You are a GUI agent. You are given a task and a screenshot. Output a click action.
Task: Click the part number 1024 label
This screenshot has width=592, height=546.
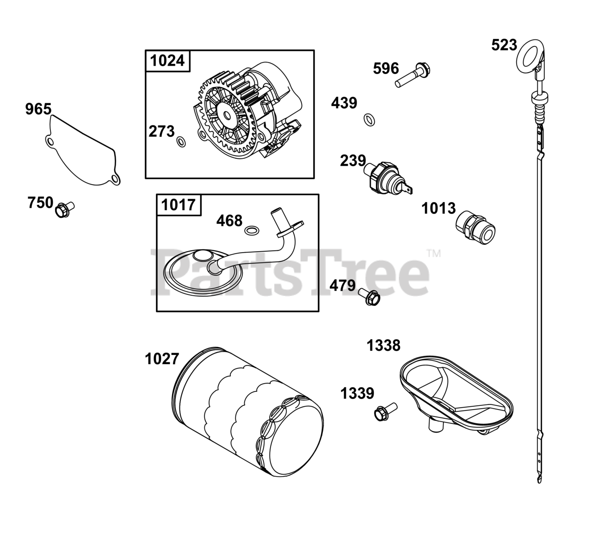167,61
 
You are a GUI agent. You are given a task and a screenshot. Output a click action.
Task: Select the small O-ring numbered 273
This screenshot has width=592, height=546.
181,142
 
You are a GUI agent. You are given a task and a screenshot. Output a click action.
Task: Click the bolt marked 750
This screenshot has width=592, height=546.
64,210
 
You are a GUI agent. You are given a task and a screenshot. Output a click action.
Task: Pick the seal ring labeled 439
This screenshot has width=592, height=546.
370,120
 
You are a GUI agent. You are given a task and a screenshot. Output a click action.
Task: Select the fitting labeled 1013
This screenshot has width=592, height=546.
475,228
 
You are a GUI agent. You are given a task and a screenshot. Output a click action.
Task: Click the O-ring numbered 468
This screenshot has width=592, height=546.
252,230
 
